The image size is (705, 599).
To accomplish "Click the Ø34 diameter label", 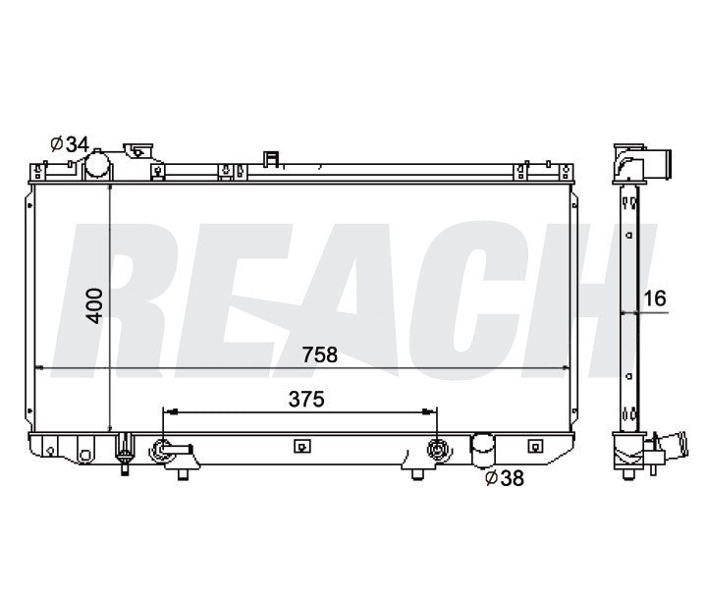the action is [70, 144].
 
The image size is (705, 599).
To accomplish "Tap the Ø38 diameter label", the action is [505, 478].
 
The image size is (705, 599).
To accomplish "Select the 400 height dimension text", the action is [95, 305].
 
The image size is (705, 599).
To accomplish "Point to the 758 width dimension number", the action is [320, 354].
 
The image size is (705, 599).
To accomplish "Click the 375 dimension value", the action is [306, 400].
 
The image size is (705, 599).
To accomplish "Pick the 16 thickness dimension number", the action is [655, 299].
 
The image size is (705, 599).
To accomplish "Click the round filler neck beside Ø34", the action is [97, 165].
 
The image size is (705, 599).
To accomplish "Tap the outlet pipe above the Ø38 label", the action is [482, 448].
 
